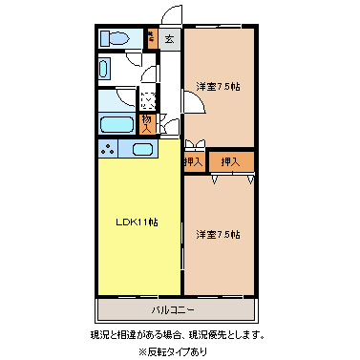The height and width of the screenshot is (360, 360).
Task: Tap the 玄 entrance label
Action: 168,39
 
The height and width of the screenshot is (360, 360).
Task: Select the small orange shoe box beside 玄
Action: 151,39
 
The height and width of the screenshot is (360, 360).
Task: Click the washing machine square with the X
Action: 148,97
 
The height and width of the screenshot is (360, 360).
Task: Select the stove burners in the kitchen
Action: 108,150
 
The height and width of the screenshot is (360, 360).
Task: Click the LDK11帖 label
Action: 138,222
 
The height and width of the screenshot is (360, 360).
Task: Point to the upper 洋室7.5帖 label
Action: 219,87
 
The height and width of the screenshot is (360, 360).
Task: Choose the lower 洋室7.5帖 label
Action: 219,234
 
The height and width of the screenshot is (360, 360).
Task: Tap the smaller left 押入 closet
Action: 193,162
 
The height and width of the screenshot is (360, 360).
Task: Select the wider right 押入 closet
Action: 230,162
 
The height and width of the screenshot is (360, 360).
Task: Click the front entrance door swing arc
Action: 170,16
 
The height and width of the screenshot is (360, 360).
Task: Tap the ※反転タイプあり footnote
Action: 178,350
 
